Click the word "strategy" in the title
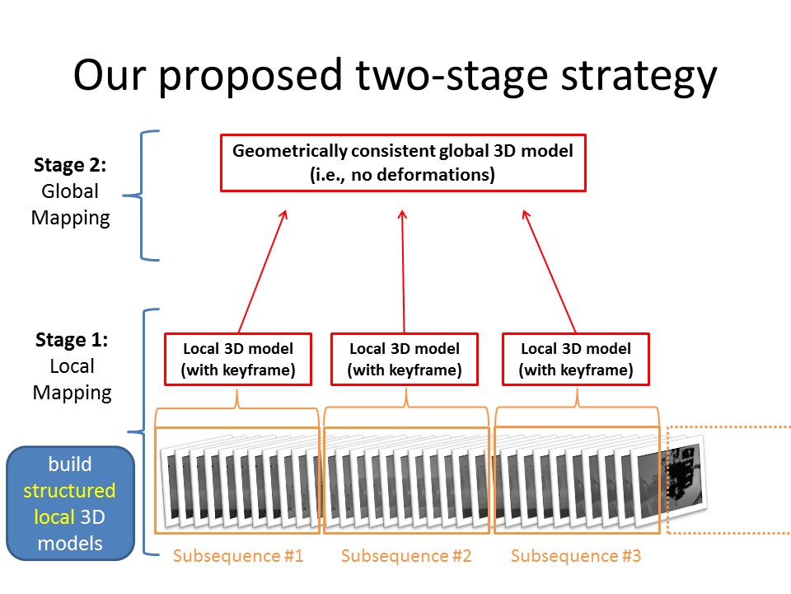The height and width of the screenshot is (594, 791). pyautogui.click(x=639, y=77)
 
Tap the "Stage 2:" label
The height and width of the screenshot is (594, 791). pyautogui.click(x=70, y=165)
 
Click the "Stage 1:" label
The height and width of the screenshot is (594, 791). pyautogui.click(x=72, y=340)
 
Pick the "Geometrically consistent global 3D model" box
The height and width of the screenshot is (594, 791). pyautogui.click(x=403, y=163)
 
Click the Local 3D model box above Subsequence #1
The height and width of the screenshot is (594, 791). pyautogui.click(x=238, y=359)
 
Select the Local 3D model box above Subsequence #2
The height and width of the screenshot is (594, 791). pyautogui.click(x=405, y=359)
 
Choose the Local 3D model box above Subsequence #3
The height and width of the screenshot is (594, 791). pyautogui.click(x=576, y=359)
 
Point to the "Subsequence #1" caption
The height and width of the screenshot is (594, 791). pyautogui.click(x=238, y=556)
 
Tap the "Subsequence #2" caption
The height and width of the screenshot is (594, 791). pyautogui.click(x=406, y=556)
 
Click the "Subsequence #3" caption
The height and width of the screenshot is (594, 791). pyautogui.click(x=576, y=556)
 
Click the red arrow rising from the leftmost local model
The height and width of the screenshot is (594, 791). pyautogui.click(x=263, y=271)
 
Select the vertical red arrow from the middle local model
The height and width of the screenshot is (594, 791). pyautogui.click(x=403, y=271)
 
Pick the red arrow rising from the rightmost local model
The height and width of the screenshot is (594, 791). pyautogui.click(x=549, y=271)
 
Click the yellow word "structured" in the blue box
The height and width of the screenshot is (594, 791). pyautogui.click(x=69, y=491)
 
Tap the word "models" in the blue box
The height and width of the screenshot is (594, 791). pyautogui.click(x=70, y=544)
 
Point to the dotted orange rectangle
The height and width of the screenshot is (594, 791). pyautogui.click(x=667, y=480)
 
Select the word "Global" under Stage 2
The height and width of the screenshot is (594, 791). pyautogui.click(x=70, y=191)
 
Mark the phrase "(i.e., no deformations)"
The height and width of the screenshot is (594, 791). pyautogui.click(x=403, y=175)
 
